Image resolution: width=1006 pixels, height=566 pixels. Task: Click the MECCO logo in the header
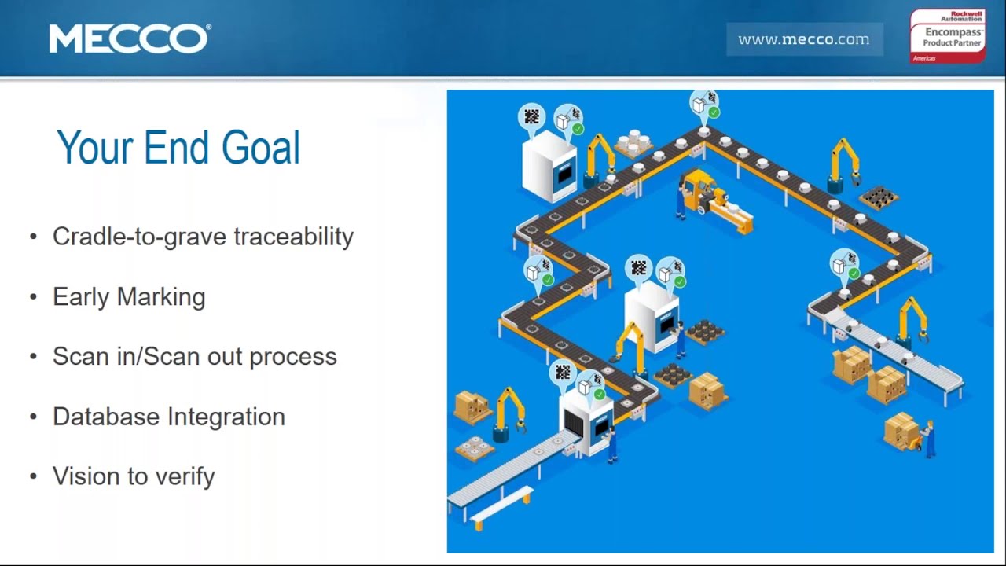[130, 39]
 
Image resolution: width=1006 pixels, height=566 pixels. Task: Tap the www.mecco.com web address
[804, 39]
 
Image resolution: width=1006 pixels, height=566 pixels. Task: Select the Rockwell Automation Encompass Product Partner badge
[948, 36]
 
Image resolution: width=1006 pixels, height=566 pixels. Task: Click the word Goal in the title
[260, 147]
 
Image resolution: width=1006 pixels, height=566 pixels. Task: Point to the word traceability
[294, 237]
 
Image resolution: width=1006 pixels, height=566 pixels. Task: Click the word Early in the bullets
[81, 297]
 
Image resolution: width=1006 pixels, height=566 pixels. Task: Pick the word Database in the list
[106, 417]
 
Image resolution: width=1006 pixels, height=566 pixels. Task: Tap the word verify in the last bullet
[185, 476]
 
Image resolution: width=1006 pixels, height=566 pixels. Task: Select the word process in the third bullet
[293, 358]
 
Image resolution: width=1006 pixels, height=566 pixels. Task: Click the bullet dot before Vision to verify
[33, 476]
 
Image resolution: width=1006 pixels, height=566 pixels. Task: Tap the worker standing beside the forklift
[681, 200]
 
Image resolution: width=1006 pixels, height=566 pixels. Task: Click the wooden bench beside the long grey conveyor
[501, 508]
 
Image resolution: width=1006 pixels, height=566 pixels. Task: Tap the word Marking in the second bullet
[161, 297]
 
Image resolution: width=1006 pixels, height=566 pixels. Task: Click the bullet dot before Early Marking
[33, 297]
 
